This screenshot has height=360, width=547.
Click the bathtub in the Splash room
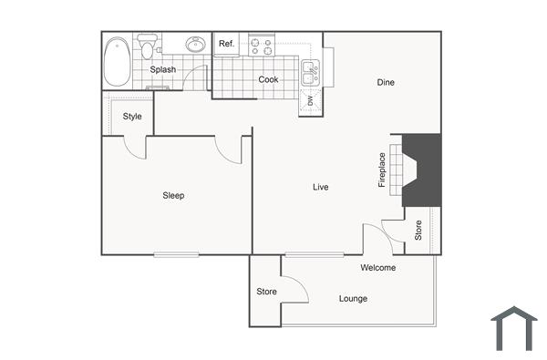tap(117, 61)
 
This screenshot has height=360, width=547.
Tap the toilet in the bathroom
tap(147, 45)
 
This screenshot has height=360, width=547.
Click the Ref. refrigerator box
tap(226, 44)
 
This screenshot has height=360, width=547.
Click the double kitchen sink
tap(311, 66)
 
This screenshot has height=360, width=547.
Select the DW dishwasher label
tap(310, 100)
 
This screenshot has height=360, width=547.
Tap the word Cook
tap(268, 79)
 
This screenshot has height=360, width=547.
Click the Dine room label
tap(386, 83)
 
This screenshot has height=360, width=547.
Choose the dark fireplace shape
tap(422, 170)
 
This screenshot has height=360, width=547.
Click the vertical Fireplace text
tap(382, 170)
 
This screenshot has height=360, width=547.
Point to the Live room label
tap(320, 187)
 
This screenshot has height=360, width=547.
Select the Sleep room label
tap(173, 195)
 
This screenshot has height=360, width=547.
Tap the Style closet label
tap(132, 116)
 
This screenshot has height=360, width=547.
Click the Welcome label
tap(377, 267)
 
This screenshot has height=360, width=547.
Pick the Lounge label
tap(353, 298)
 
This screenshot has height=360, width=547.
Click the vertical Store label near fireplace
tap(418, 231)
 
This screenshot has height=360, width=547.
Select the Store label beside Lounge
tap(266, 292)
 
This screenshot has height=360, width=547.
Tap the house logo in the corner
tap(514, 329)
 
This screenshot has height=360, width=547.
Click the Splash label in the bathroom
tap(163, 69)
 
